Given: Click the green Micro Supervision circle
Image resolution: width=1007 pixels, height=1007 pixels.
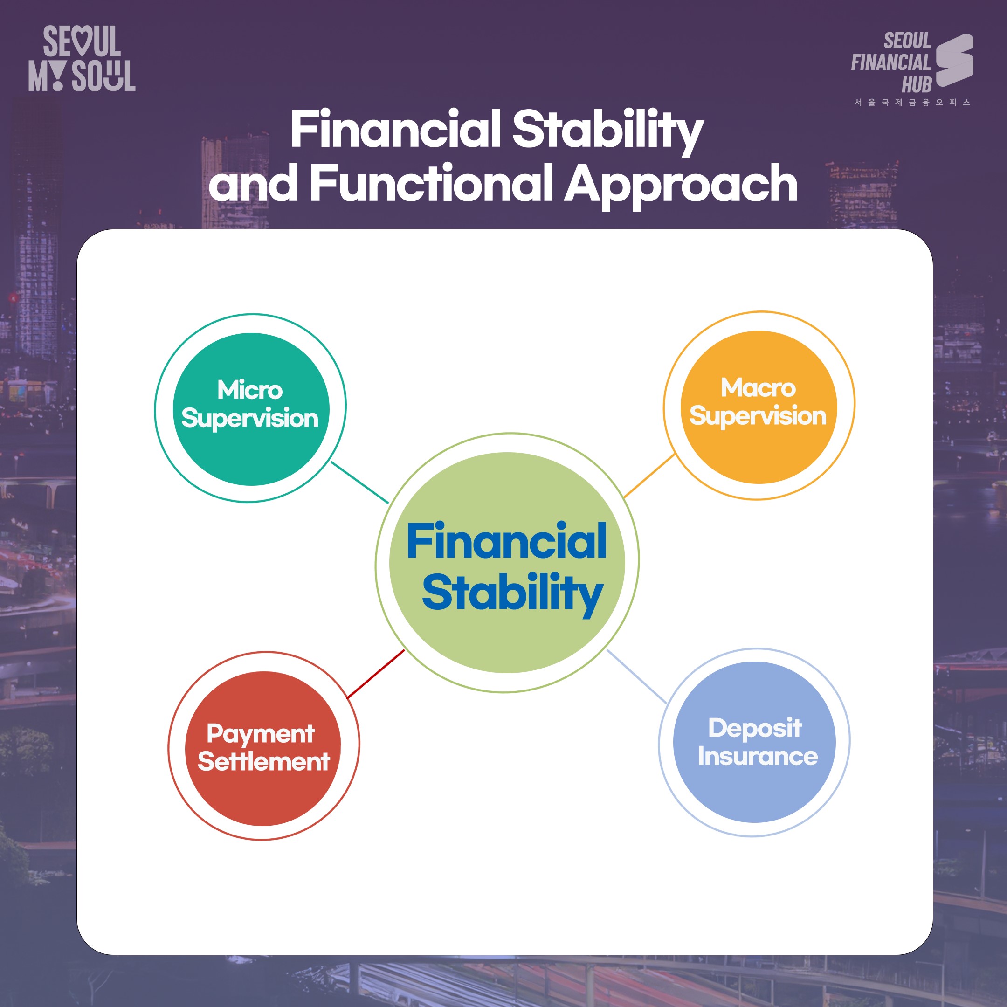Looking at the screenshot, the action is pos(251,409).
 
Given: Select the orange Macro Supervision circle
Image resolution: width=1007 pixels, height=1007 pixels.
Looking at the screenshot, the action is pos(759,407).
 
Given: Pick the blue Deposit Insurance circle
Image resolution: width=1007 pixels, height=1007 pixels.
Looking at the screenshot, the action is pos(754,742).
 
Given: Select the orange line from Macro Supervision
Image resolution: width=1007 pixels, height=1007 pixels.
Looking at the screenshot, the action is pos(649,476).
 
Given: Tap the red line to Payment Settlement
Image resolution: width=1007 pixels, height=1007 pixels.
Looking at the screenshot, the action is pos(376,674).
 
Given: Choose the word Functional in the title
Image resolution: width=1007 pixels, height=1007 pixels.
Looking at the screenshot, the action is pos(432,182).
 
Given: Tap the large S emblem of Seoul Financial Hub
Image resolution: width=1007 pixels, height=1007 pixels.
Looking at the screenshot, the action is pos(954,60).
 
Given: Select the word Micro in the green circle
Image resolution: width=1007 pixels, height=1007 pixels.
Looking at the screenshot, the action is pos(250,390).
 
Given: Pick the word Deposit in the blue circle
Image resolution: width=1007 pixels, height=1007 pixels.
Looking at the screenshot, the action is pos(755,729).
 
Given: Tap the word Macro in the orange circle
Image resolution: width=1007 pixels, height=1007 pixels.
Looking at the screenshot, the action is pos(758,388).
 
